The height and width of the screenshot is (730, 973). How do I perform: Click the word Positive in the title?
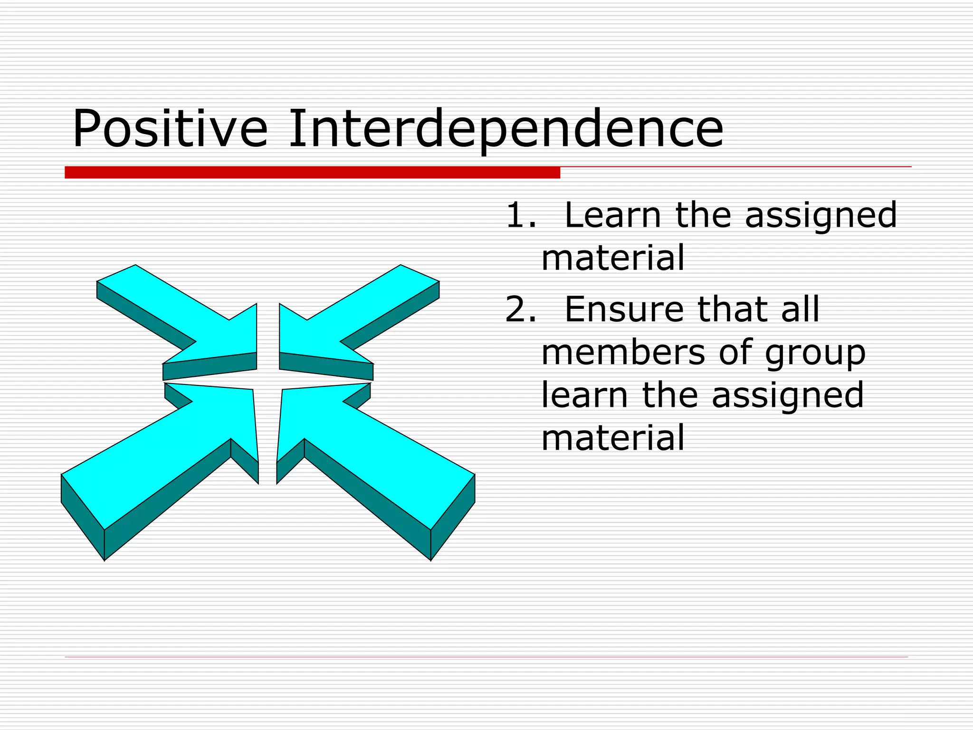(x=170, y=128)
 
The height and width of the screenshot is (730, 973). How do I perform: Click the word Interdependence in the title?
(x=506, y=128)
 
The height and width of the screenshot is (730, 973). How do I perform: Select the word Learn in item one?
(x=613, y=215)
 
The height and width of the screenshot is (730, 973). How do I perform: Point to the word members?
(x=623, y=352)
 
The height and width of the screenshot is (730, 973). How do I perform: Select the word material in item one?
(x=613, y=258)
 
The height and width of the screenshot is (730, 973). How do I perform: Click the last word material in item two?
(x=613, y=438)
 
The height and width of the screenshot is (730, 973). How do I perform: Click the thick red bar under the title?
(x=312, y=172)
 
